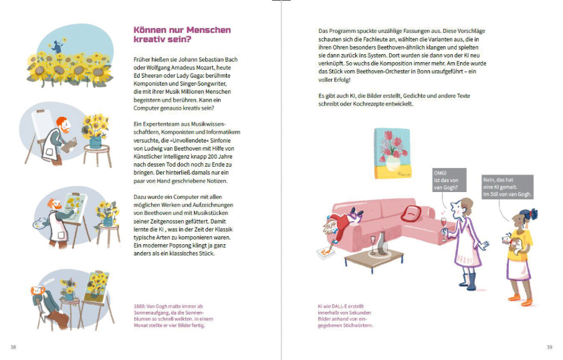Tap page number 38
[x=13, y=347]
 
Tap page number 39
[x=549, y=347]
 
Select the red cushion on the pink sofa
[x=411, y=213]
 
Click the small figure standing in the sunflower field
[x=58, y=45]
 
